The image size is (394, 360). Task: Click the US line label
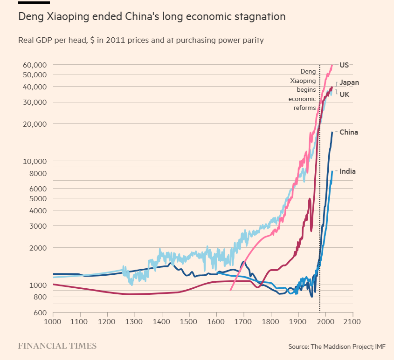coord(344,65)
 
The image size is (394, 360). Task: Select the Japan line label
coord(349,82)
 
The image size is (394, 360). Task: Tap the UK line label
coord(344,94)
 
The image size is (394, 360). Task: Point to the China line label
coord(348,132)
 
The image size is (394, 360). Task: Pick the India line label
coord(347,171)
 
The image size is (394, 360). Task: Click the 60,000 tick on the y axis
coord(35,65)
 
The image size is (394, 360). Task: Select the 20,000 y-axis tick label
coord(35,124)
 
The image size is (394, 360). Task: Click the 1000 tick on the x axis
coord(53,321)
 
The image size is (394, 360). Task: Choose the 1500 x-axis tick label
coord(189,321)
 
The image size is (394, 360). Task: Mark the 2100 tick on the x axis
coord(352,321)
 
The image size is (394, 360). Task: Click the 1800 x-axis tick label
coord(270,321)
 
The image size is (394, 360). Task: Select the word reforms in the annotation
coord(304,108)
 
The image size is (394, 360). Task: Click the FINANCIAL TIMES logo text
coord(57,346)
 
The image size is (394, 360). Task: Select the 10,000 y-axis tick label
coord(35,161)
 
